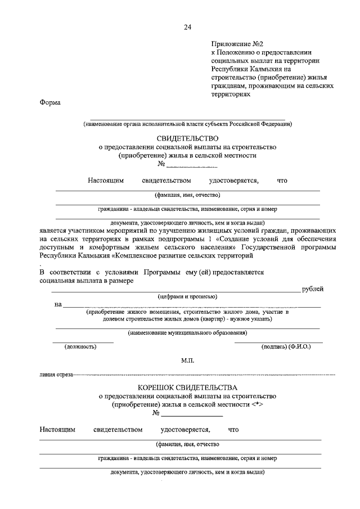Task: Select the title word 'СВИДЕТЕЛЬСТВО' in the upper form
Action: coord(187,138)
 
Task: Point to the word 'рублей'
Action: coord(313,289)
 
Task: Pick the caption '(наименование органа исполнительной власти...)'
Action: coord(187,124)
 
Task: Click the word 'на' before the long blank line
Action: coord(58,304)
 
